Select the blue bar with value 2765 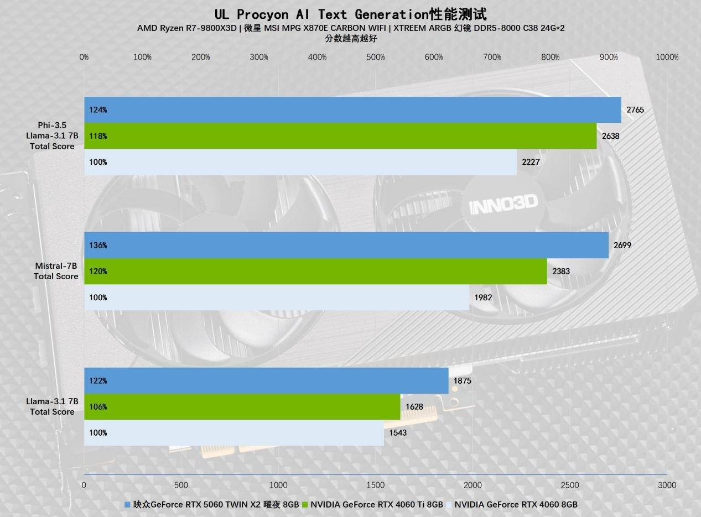pyautogui.click(x=352, y=109)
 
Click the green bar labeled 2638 pyautogui.click(x=340, y=136)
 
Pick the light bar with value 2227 pyautogui.click(x=300, y=162)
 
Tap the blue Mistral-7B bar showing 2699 pyautogui.click(x=346, y=245)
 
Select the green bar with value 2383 pyautogui.click(x=315, y=271)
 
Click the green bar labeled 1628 pyautogui.click(x=242, y=406)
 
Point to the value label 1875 pyautogui.click(x=462, y=380)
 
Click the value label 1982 pyautogui.click(x=483, y=297)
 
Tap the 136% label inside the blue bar pyautogui.click(x=98, y=245)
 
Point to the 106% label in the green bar pyautogui.click(x=98, y=406)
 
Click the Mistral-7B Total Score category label pyautogui.click(x=55, y=271)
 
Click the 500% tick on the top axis pyautogui.click(x=376, y=57)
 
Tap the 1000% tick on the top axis pyautogui.click(x=667, y=57)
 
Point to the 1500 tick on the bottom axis pyautogui.click(x=375, y=485)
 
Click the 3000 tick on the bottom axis pyautogui.click(x=667, y=485)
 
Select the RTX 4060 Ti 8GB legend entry pyautogui.click(x=376, y=504)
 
